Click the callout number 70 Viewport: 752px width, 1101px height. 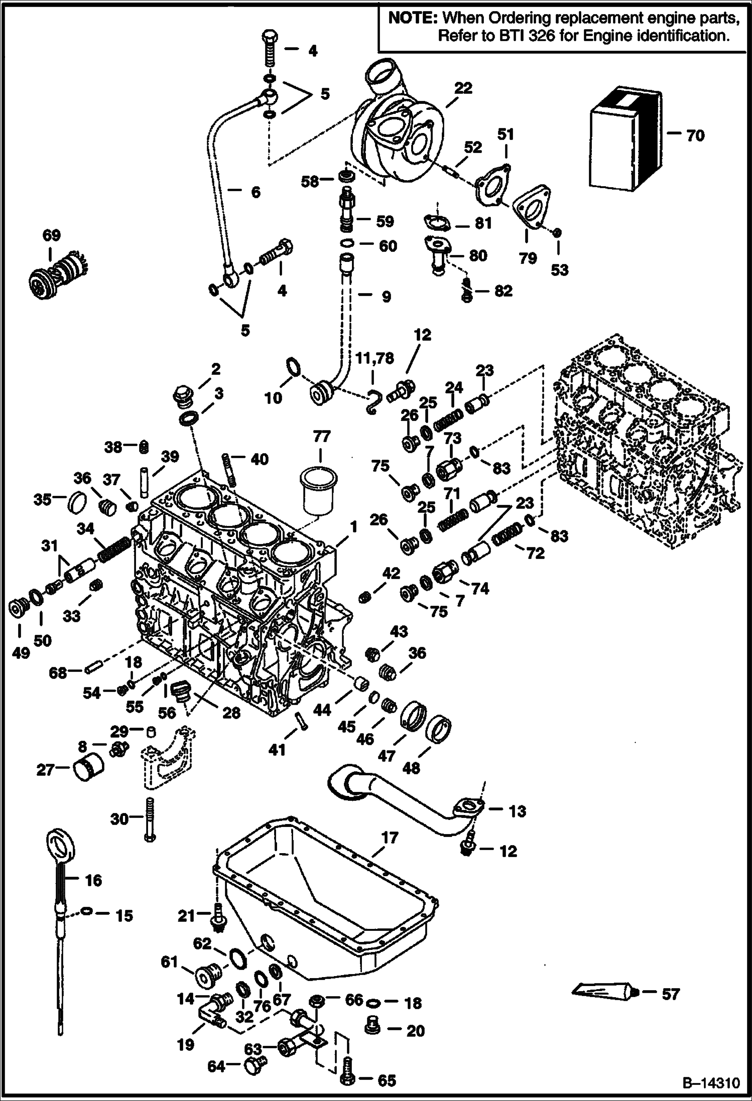695,135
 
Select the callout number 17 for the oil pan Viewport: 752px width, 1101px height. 390,838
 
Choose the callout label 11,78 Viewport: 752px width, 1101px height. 375,358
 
